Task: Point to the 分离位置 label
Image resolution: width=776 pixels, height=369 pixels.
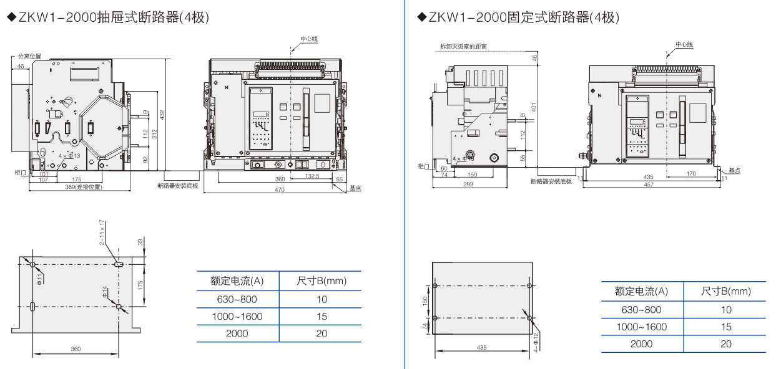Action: pos(29,56)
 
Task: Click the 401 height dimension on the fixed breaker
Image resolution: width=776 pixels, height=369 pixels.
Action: pos(534,108)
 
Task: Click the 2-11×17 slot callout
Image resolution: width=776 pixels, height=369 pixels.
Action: pos(101,231)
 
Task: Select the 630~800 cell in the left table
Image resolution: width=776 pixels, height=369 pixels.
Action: pos(237,299)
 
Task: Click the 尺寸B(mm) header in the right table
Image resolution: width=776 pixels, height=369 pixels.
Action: pos(725,291)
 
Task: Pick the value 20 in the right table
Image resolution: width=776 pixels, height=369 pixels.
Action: pos(725,344)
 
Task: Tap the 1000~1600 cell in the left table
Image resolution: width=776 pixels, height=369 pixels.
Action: pos(237,316)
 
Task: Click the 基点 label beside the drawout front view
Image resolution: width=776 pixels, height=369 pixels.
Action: pos(355,187)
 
